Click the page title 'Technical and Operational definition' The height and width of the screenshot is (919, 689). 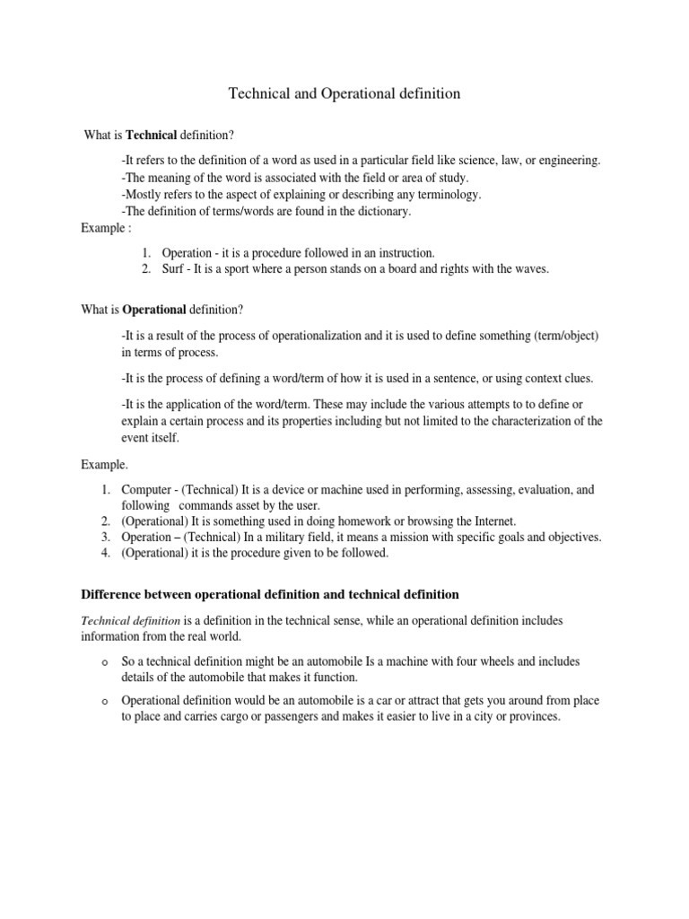coord(344,93)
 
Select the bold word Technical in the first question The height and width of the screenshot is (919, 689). coord(152,135)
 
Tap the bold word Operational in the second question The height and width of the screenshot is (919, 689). coord(160,310)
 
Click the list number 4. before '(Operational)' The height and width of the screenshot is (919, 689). coord(105,553)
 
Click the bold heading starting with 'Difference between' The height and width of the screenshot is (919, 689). coord(270,594)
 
